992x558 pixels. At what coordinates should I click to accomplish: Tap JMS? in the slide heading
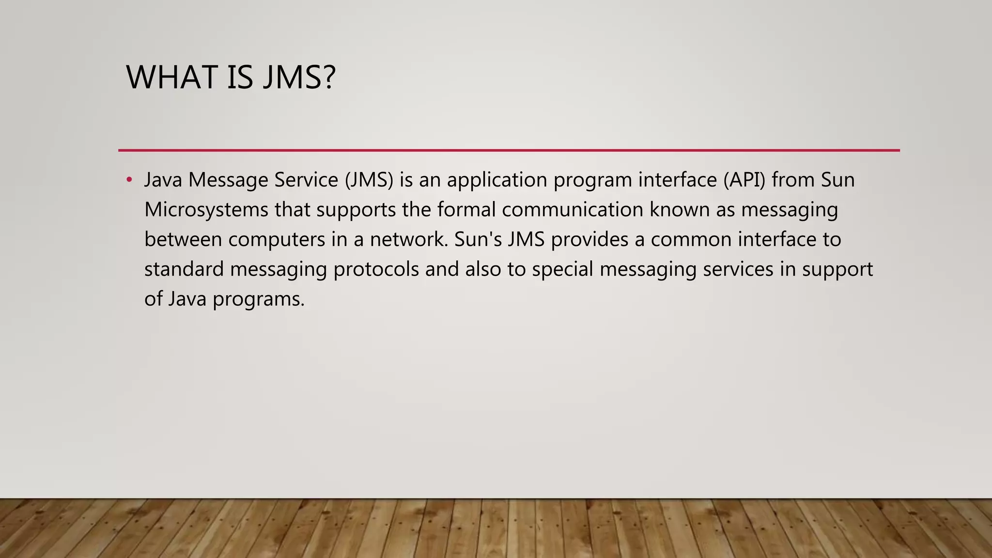pyautogui.click(x=299, y=77)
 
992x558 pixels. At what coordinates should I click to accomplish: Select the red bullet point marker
pyautogui.click(x=129, y=180)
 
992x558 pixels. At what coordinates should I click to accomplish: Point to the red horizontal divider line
pyautogui.click(x=509, y=151)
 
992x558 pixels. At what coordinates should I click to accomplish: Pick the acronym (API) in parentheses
pyautogui.click(x=744, y=180)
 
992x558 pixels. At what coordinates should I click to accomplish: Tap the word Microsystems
pyautogui.click(x=206, y=210)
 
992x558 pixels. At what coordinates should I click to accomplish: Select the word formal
pyautogui.click(x=466, y=210)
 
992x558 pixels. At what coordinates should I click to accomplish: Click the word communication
pyautogui.click(x=573, y=210)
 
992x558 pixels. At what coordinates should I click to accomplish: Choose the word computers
pyautogui.click(x=277, y=240)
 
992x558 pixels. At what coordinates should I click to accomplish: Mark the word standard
pyautogui.click(x=184, y=269)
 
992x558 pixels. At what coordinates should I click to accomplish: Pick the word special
pyautogui.click(x=562, y=269)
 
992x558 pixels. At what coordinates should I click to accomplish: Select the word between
pyautogui.click(x=183, y=240)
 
